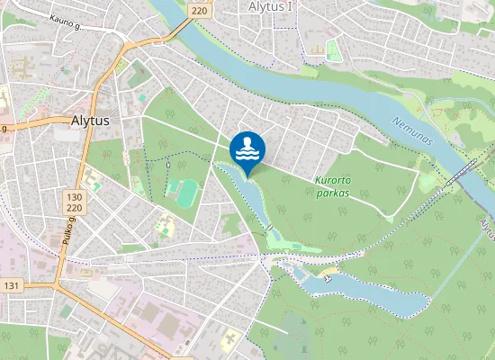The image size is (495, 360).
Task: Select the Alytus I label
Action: coord(270,6)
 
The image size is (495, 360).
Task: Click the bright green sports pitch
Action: coord(187,192)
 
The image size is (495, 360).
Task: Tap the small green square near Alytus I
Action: coord(334,50)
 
